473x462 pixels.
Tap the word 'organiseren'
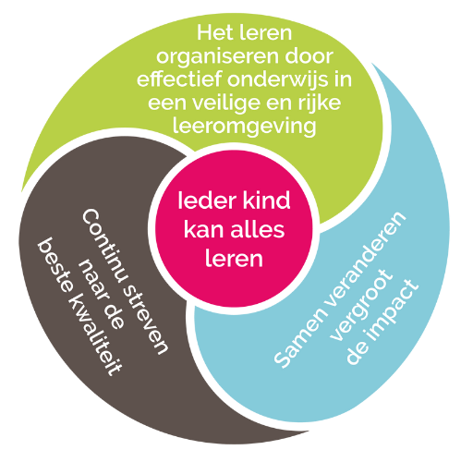click(x=218, y=57)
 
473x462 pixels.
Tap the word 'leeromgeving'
click(x=244, y=127)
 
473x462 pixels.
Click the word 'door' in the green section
click(x=309, y=56)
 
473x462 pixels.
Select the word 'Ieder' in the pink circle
click(x=207, y=201)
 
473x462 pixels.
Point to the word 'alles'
click(x=258, y=229)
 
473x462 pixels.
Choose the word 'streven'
click(x=145, y=321)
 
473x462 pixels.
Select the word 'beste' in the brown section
click(x=55, y=265)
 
